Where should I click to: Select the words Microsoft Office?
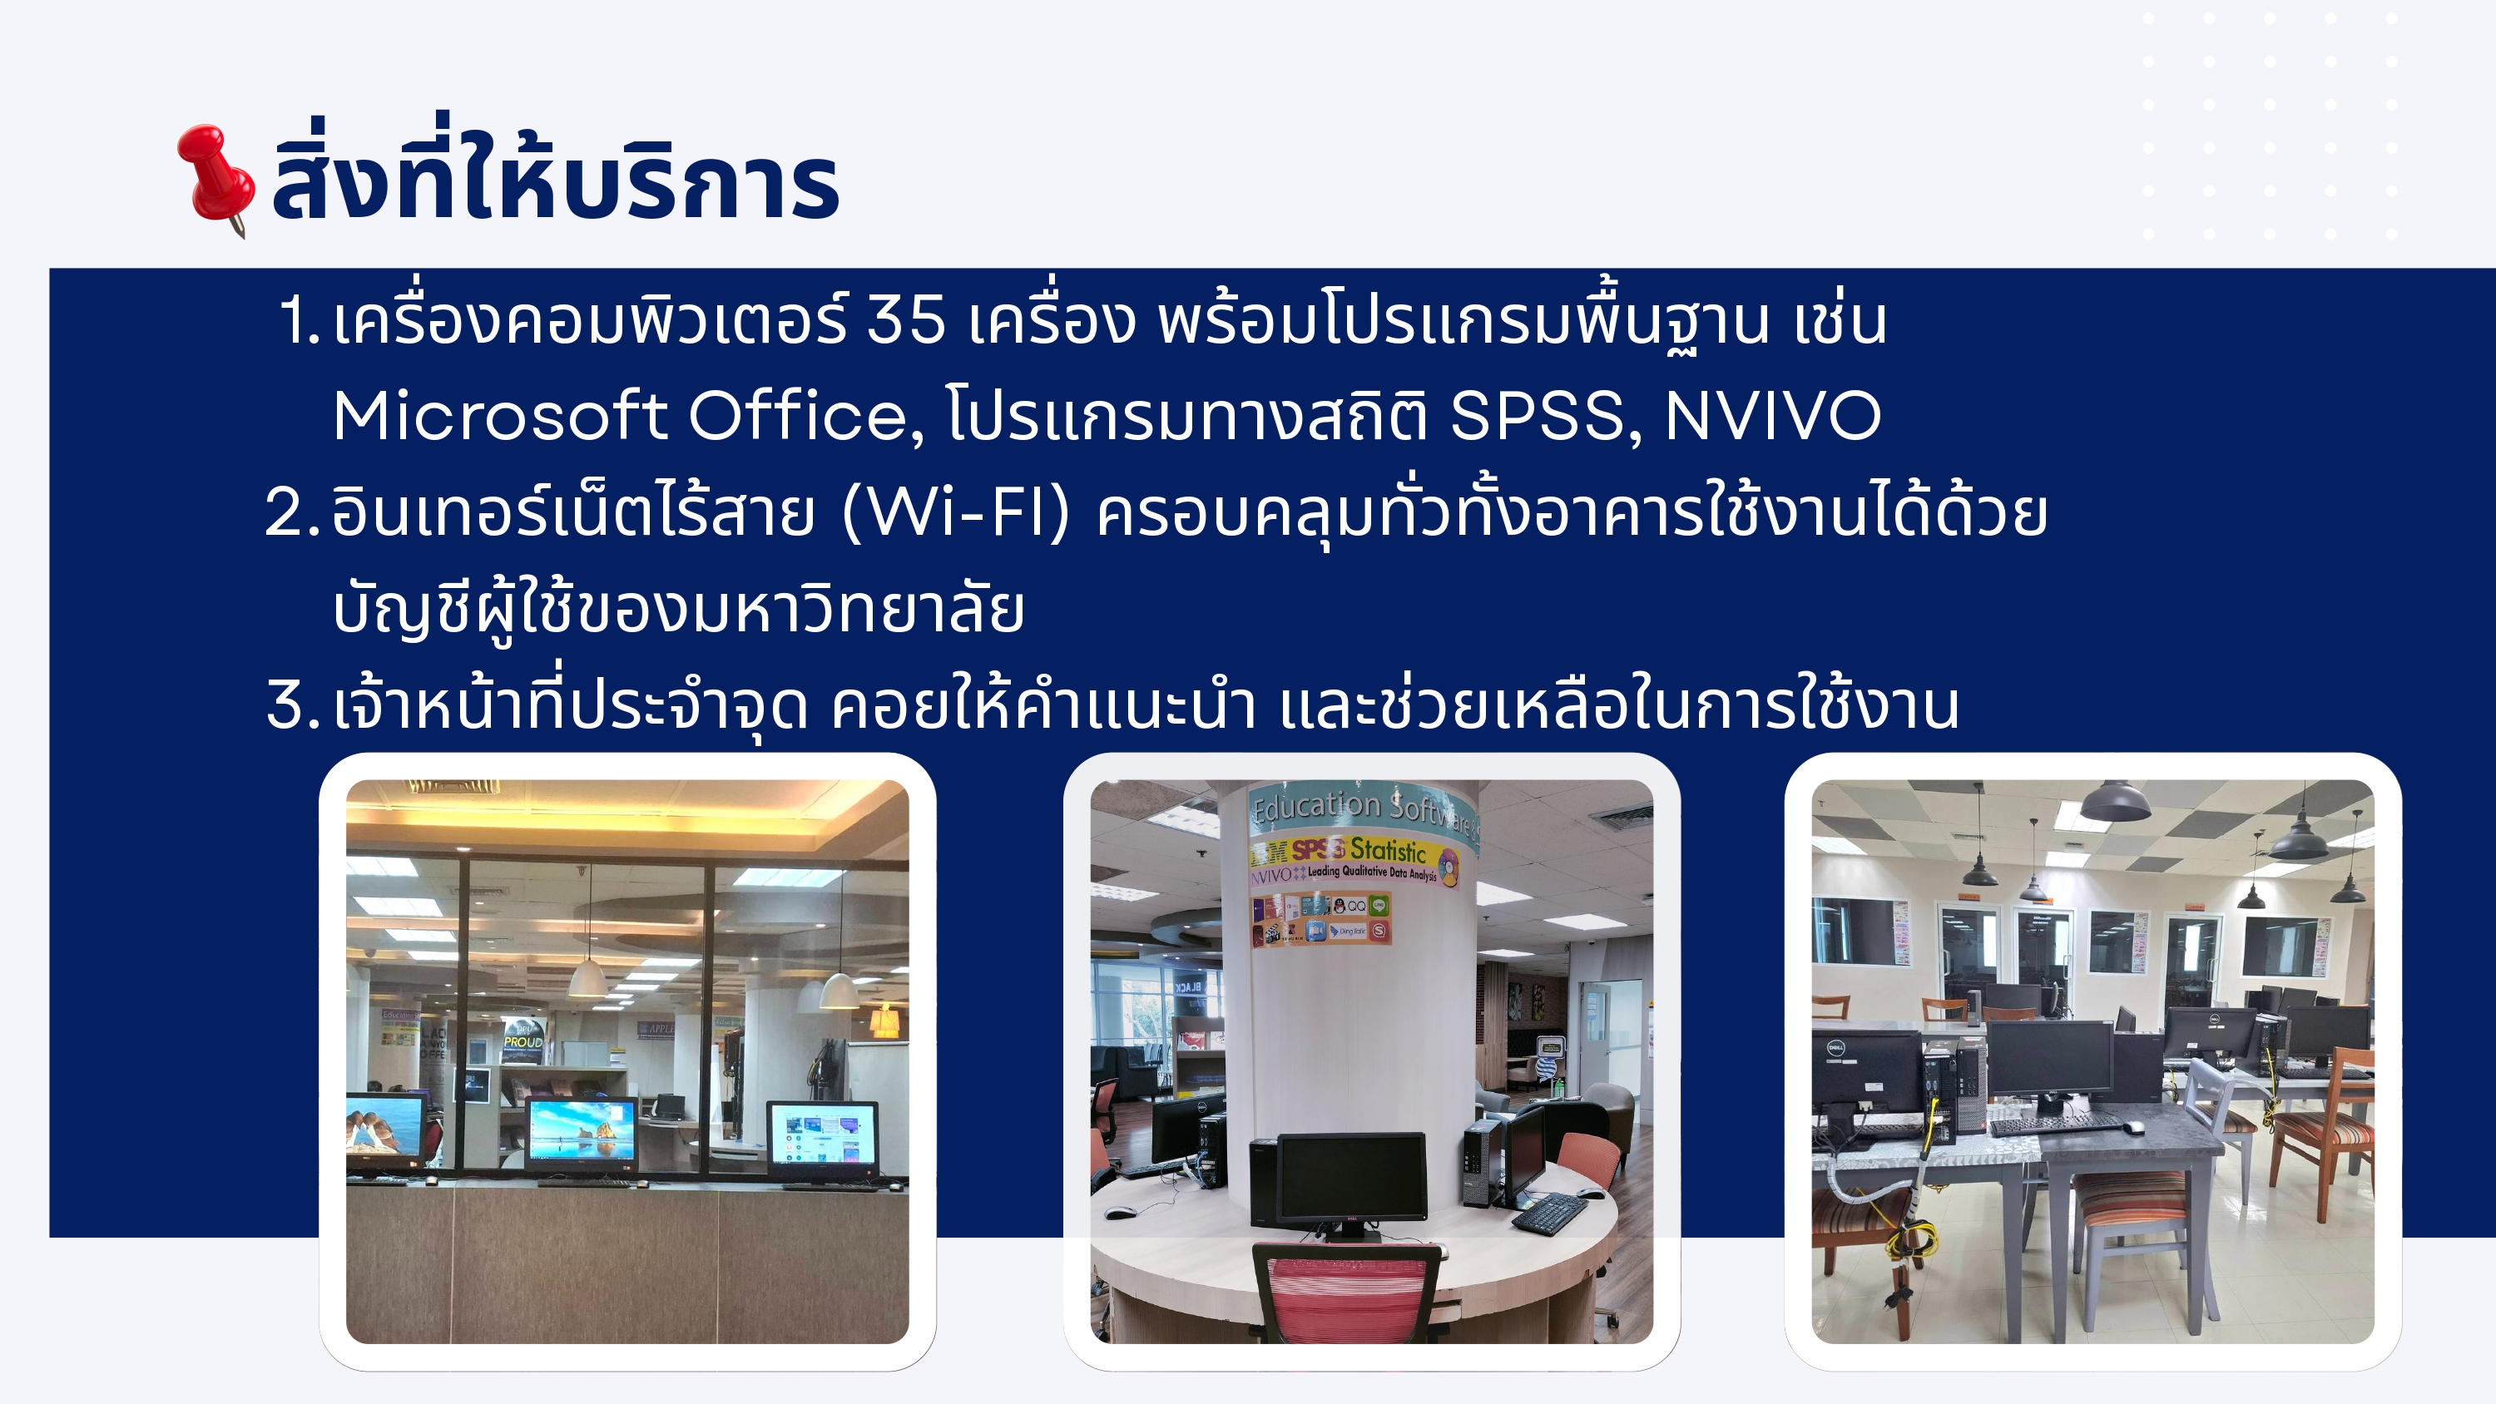620,417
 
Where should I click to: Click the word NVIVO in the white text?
1772,417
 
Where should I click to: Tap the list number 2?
290,512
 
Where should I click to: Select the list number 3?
290,704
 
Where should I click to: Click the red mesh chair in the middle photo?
1347,1293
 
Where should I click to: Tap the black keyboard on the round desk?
1550,1211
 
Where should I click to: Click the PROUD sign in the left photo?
523,1041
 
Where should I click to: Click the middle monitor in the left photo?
582,1134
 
